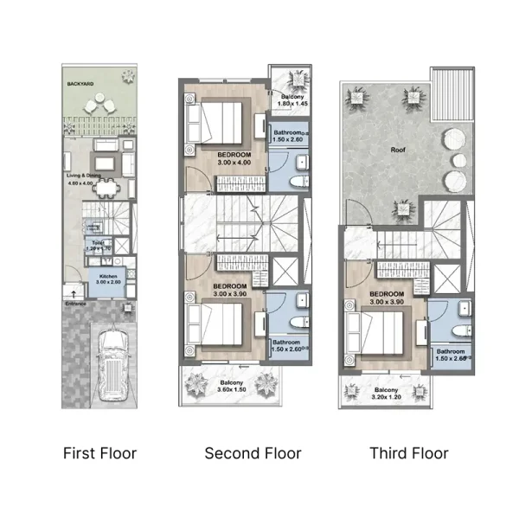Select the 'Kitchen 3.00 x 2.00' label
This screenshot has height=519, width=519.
(107, 279)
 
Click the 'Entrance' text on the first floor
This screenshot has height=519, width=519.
(77, 304)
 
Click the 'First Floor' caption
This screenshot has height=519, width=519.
(100, 452)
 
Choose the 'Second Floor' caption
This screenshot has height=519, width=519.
(253, 452)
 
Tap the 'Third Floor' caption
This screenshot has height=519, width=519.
(409, 452)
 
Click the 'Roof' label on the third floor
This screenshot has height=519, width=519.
(398, 149)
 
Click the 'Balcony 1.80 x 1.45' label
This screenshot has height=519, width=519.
(292, 101)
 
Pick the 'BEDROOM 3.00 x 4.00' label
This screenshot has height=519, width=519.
(232, 157)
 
